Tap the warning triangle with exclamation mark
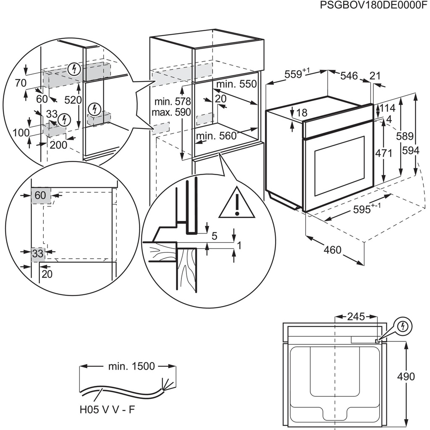(237, 203)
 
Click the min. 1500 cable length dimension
(126, 367)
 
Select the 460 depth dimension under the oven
(332, 250)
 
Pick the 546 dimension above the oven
(349, 76)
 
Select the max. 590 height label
(172, 112)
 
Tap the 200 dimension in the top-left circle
(58, 145)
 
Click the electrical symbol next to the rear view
(404, 325)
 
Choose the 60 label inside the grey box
(40, 195)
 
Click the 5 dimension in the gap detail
(214, 236)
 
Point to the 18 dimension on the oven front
(302, 113)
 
